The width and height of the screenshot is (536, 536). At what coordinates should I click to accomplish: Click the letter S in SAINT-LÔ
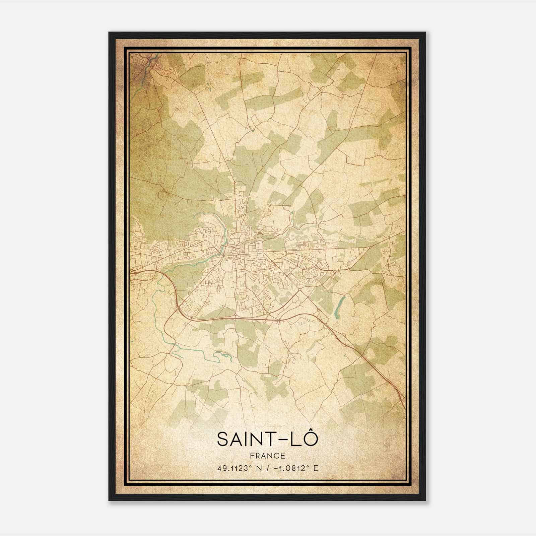223,439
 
